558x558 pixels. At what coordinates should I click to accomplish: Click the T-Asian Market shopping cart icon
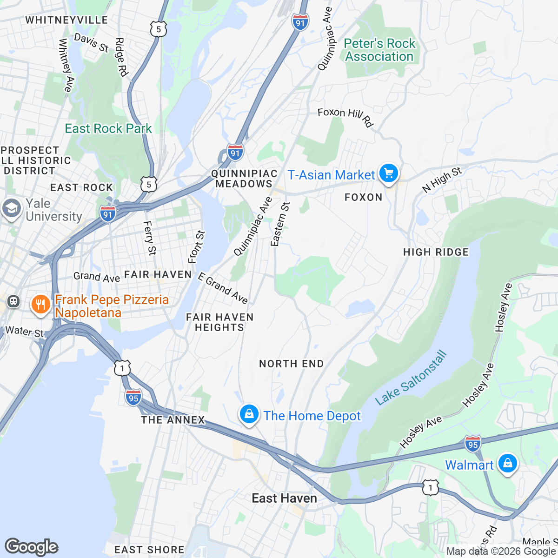pyautogui.click(x=389, y=173)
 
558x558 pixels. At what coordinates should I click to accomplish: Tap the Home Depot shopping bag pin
pyautogui.click(x=249, y=413)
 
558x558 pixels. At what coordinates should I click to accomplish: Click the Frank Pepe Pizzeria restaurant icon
pyautogui.click(x=40, y=305)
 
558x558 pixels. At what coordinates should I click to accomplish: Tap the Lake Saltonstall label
pyautogui.click(x=411, y=378)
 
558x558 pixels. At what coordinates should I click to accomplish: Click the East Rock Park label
pyautogui.click(x=108, y=128)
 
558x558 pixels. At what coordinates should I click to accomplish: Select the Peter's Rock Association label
pyautogui.click(x=379, y=50)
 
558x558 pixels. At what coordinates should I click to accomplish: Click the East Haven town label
pyautogui.click(x=284, y=498)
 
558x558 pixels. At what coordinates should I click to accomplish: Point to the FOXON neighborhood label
pyautogui.click(x=363, y=197)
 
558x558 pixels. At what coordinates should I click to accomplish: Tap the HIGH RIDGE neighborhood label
pyautogui.click(x=436, y=252)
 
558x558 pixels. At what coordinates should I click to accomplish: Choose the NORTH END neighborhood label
pyautogui.click(x=291, y=364)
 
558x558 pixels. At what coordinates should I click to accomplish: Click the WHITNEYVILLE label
pyautogui.click(x=66, y=20)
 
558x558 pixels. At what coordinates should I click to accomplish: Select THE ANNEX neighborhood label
pyautogui.click(x=173, y=420)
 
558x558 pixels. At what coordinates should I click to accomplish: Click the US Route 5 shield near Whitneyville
pyautogui.click(x=159, y=29)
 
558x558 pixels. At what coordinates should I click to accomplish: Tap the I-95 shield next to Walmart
pyautogui.click(x=472, y=444)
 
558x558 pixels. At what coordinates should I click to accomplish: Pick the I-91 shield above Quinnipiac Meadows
pyautogui.click(x=235, y=152)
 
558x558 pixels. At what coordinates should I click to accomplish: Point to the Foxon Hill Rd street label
pyautogui.click(x=345, y=116)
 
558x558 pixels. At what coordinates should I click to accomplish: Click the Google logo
pyautogui.click(x=31, y=547)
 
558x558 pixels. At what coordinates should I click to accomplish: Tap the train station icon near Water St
pyautogui.click(x=13, y=301)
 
